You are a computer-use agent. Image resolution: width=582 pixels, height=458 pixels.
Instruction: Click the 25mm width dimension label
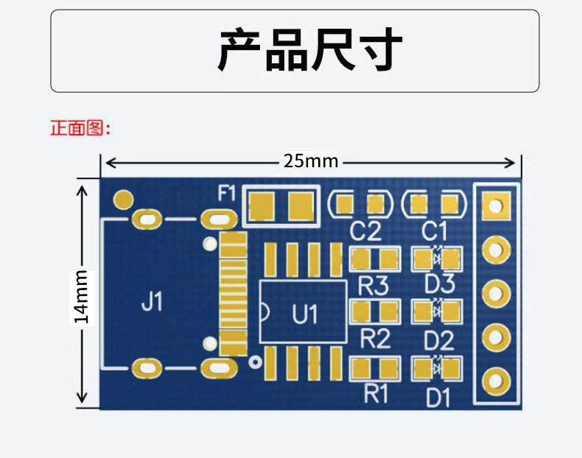pyautogui.click(x=311, y=161)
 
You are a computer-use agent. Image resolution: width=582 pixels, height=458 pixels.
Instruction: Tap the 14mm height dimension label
pyautogui.click(x=82, y=297)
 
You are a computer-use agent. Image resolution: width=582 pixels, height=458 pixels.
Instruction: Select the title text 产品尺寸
pyautogui.click(x=310, y=49)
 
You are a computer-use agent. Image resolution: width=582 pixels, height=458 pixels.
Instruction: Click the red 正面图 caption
pyautogui.click(x=80, y=128)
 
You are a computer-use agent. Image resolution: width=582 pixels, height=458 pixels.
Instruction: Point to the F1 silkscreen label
pyautogui.click(x=226, y=193)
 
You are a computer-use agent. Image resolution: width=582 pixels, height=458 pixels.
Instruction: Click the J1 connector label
pyautogui.click(x=152, y=301)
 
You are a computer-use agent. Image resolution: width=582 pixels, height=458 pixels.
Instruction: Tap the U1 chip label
pyautogui.click(x=305, y=314)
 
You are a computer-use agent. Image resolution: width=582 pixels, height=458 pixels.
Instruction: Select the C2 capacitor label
pyautogui.click(x=365, y=231)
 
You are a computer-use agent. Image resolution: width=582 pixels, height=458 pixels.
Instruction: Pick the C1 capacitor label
pyautogui.click(x=434, y=231)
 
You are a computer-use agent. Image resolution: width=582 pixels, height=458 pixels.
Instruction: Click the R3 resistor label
pyautogui.click(x=374, y=286)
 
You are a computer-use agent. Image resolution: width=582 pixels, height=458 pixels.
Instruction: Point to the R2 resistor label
pyautogui.click(x=375, y=339)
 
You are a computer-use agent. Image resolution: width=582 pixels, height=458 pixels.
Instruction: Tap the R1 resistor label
pyautogui.click(x=376, y=393)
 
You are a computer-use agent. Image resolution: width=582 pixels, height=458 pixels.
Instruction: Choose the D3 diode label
pyautogui.click(x=440, y=284)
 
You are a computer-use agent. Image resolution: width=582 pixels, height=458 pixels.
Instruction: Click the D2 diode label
pyautogui.click(x=439, y=340)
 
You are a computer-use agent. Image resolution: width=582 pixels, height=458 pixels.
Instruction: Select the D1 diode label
pyautogui.click(x=438, y=398)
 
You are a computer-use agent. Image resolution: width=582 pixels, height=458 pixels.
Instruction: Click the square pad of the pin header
pyautogui.click(x=497, y=205)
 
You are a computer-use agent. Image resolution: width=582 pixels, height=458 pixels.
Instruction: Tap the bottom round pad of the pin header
pyautogui.click(x=497, y=381)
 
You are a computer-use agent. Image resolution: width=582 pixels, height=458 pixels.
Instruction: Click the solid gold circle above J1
pyautogui.click(x=123, y=200)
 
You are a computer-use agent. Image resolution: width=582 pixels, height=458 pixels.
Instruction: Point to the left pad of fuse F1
pyautogui.click(x=262, y=206)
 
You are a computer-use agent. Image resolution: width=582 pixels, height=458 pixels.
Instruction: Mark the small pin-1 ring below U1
pyautogui.click(x=256, y=362)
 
